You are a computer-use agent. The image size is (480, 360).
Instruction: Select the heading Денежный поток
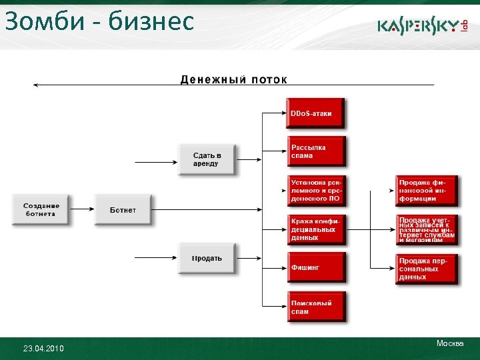coord(234,80)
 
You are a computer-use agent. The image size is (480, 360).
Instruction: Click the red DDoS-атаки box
coord(315,113)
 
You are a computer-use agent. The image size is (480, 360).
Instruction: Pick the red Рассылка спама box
coord(315,151)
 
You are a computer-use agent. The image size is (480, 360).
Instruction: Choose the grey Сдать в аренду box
coord(207,159)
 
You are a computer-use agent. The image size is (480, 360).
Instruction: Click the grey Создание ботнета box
coord(41,209)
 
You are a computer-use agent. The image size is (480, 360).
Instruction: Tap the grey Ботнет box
coord(123,210)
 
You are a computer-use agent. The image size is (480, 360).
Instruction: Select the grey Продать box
coord(207,258)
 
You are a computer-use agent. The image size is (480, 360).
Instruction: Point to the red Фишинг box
coord(315,267)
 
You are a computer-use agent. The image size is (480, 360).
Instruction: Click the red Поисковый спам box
coord(315,307)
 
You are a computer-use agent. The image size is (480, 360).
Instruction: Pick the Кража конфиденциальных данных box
coord(315,229)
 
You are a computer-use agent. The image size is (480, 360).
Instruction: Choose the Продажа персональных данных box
coord(426,269)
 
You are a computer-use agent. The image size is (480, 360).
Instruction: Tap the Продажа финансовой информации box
coord(426,190)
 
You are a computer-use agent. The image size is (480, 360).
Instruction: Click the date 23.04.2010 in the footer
coord(43,349)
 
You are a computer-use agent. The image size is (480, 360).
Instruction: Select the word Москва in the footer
coord(450,343)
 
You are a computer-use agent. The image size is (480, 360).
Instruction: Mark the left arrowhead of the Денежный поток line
coord(36,85)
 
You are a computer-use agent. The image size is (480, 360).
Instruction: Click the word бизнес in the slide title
coord(153,21)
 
